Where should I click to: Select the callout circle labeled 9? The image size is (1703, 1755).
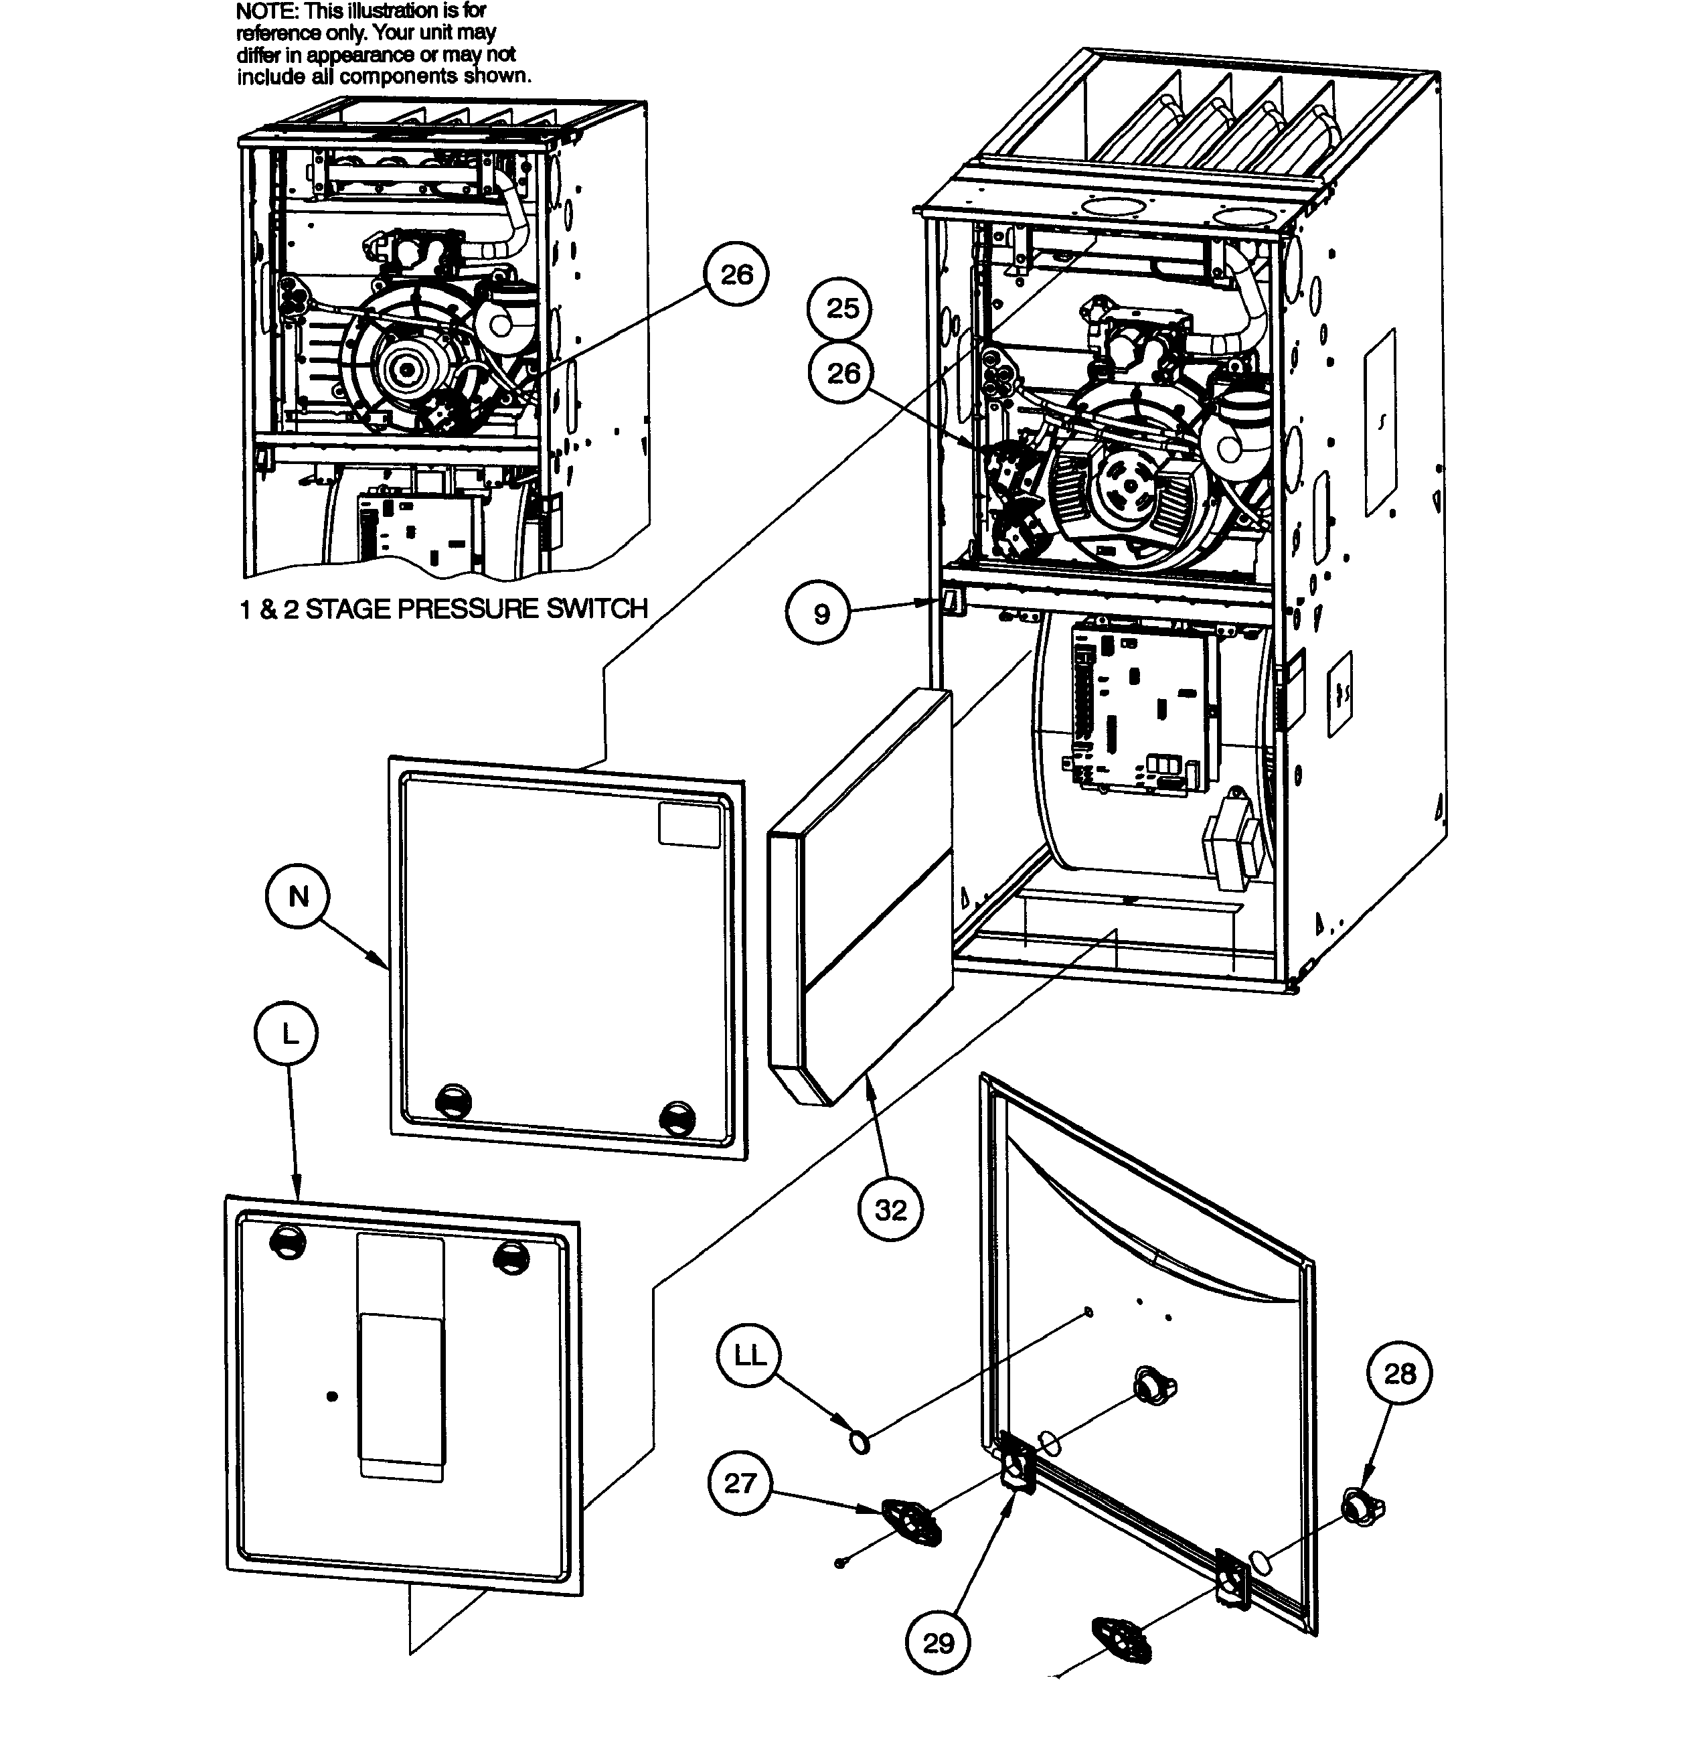820,614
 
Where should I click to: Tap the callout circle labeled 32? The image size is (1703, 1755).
890,1211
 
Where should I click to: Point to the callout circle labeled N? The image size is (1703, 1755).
298,897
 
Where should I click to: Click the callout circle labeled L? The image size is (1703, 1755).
287,1035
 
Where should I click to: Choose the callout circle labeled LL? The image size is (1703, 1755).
750,1356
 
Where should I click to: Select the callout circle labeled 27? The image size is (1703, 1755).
740,1484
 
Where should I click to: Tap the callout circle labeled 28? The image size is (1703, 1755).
1400,1373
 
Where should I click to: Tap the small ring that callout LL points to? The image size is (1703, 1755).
859,1442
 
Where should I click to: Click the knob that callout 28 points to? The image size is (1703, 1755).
1361,1509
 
